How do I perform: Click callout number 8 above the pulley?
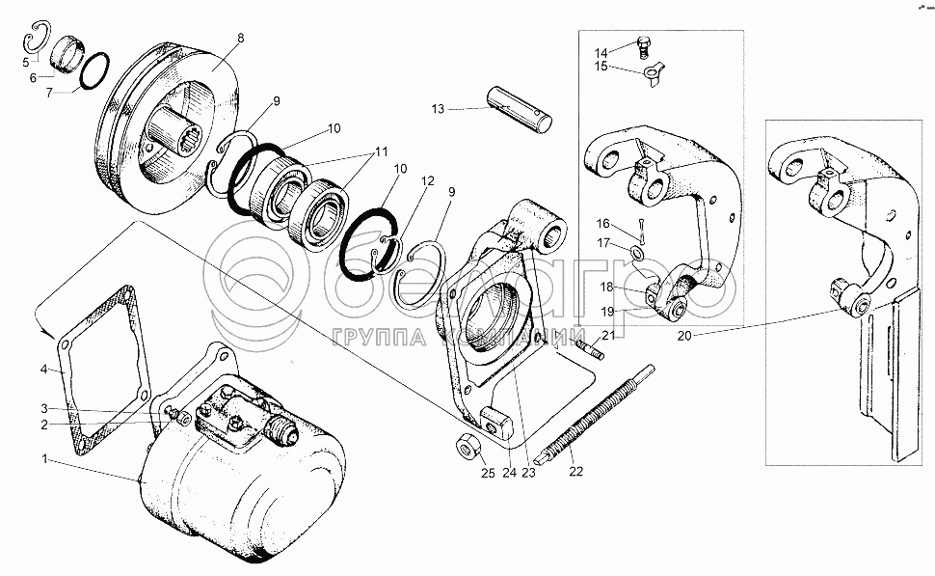tap(241, 39)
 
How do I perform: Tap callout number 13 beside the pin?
tap(438, 110)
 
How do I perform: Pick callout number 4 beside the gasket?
tap(44, 369)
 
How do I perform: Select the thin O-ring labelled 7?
tap(94, 71)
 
